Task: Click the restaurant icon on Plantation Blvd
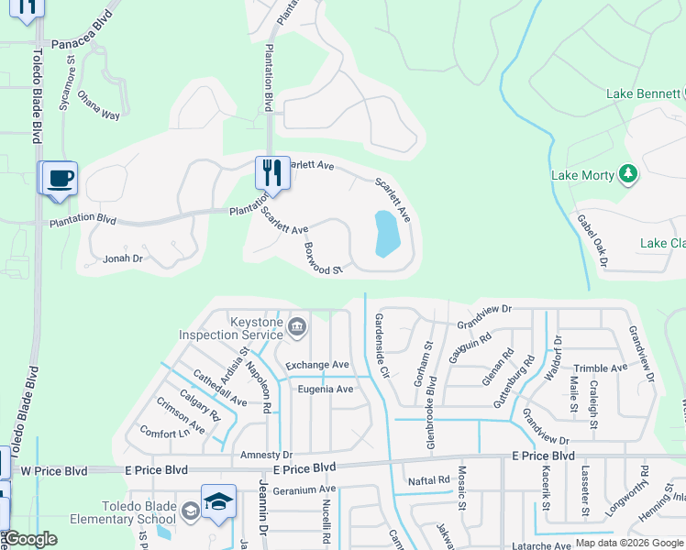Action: [x=272, y=171]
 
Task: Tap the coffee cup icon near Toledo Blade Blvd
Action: [x=61, y=177]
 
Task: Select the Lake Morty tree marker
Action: [x=628, y=173]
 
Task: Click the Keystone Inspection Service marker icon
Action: [x=296, y=326]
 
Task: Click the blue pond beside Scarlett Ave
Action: [x=387, y=234]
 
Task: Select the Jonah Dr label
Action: [x=124, y=259]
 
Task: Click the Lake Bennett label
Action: [x=642, y=94]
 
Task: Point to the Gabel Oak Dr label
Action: [x=592, y=241]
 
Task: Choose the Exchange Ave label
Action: [x=317, y=365]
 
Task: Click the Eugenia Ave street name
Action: [x=325, y=390]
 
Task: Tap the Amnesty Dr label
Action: [x=266, y=455]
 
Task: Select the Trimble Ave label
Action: [x=601, y=368]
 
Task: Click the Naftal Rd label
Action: [x=429, y=479]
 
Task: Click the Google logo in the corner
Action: [x=31, y=539]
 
